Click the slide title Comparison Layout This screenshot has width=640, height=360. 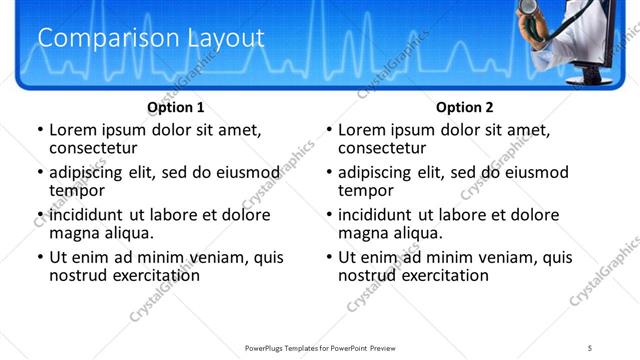tap(151, 39)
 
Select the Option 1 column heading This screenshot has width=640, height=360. tap(176, 107)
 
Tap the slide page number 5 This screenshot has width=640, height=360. tap(590, 347)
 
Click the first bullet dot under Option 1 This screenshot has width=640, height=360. tap(40, 131)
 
